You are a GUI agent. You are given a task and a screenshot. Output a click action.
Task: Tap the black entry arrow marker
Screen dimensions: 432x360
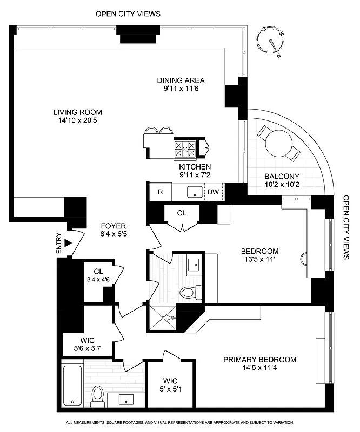click(x=68, y=243)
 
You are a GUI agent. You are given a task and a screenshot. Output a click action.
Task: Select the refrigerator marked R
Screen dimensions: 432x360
click(x=161, y=192)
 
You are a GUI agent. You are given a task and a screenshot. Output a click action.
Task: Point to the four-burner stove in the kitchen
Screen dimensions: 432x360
click(x=185, y=147)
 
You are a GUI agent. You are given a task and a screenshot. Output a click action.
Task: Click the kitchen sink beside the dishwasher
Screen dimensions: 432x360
click(x=193, y=192)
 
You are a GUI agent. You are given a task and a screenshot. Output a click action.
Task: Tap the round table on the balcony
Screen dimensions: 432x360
click(x=278, y=142)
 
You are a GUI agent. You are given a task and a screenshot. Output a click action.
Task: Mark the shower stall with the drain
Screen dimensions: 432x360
click(x=163, y=318)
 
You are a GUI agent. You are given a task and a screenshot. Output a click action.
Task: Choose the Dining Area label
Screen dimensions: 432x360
click(x=181, y=80)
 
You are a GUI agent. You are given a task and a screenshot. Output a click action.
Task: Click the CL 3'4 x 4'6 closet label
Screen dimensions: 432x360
click(x=98, y=276)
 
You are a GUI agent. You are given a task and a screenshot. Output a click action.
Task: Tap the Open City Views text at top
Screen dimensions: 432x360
click(x=128, y=14)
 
